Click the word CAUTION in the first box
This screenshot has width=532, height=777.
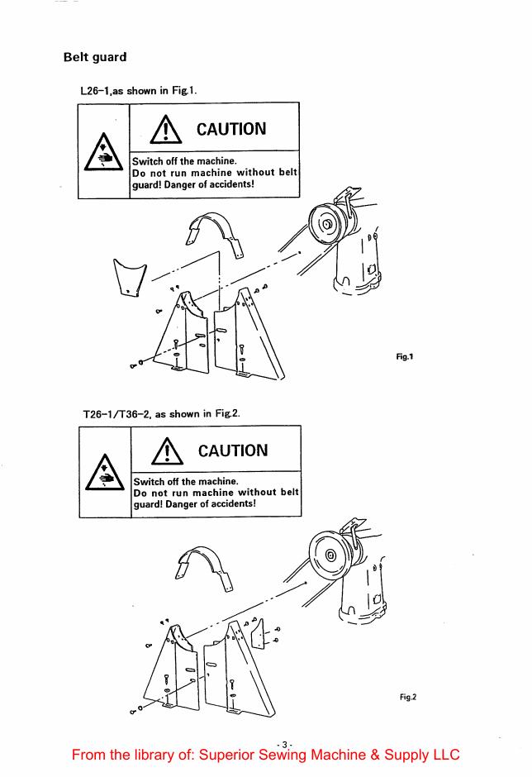pyautogui.click(x=230, y=130)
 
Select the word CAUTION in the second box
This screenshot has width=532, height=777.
pyautogui.click(x=230, y=450)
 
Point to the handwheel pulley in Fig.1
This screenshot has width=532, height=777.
pyautogui.click(x=326, y=223)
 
